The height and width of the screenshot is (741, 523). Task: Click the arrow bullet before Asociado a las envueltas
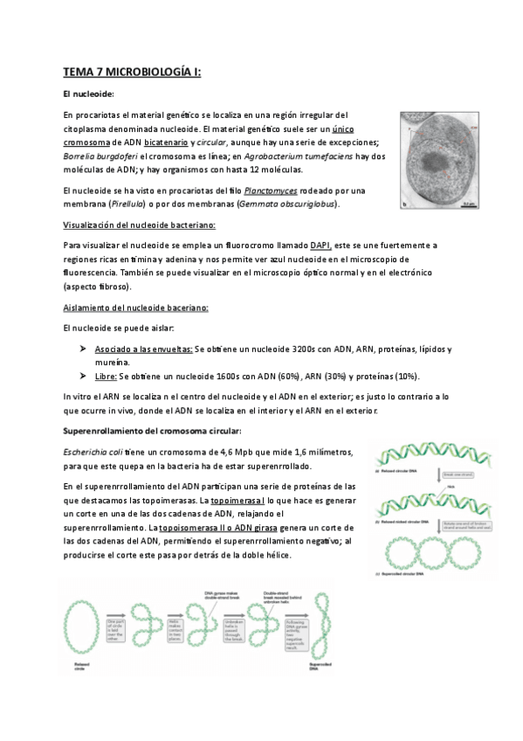[80, 348]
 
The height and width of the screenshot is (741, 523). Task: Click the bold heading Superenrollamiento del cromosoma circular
[153, 432]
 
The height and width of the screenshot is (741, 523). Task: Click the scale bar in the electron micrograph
[470, 204]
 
